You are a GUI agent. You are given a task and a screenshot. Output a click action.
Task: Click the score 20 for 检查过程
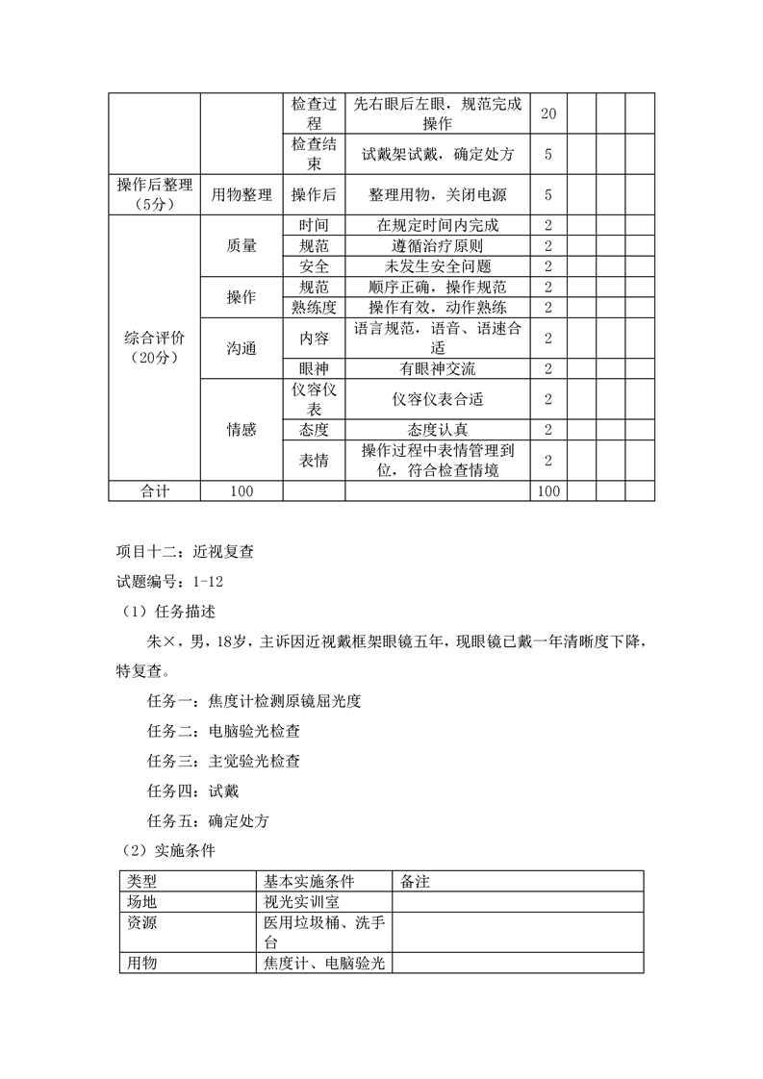coord(548,113)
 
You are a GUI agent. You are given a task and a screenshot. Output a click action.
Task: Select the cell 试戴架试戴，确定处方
coord(438,154)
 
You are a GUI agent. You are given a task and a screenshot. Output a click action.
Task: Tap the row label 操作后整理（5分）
coord(154,194)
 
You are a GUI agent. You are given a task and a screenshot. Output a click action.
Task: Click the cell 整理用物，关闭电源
coord(438,194)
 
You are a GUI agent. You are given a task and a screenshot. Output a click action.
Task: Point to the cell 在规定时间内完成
coord(438,225)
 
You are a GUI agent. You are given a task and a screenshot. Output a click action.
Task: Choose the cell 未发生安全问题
coord(438,266)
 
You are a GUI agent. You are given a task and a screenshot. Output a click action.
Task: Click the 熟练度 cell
coord(314,308)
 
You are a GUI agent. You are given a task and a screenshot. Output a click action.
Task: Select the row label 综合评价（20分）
coord(154,348)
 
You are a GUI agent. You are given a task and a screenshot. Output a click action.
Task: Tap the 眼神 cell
coord(314,369)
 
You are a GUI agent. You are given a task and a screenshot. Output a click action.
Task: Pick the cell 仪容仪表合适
coord(438,399)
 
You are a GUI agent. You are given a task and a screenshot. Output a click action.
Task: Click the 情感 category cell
coord(242,430)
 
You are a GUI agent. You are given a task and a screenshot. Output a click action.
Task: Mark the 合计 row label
coord(154,491)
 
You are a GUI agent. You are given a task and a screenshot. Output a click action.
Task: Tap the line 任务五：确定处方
coord(208,821)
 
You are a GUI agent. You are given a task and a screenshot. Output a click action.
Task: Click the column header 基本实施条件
coord(309,882)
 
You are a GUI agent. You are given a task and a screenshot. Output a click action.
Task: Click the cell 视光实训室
coord(301,902)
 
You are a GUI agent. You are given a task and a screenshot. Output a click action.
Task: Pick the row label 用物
coord(142,963)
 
